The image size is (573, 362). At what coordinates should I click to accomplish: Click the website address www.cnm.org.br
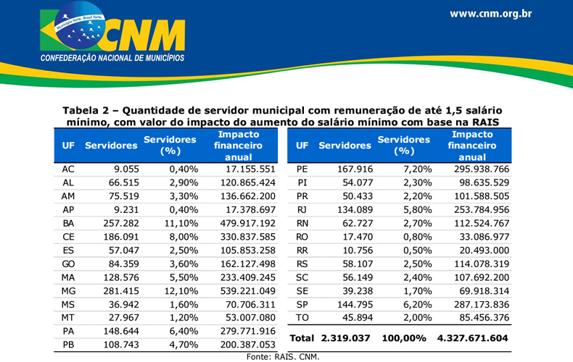click(491, 14)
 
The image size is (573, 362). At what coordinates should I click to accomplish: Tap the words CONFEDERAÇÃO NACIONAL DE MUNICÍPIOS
click(112, 58)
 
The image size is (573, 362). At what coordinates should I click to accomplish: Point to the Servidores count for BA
click(121, 223)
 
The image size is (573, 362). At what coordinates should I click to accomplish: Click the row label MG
click(68, 291)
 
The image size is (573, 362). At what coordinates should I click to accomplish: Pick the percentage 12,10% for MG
click(181, 291)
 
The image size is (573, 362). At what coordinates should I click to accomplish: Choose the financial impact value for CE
click(248, 237)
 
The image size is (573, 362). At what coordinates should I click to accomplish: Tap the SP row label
click(302, 305)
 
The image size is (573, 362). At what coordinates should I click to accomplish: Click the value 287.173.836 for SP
click(482, 305)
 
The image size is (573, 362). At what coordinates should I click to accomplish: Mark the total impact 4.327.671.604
click(472, 338)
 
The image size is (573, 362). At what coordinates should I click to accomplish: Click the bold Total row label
click(302, 338)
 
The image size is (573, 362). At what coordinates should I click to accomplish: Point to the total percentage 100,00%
click(404, 338)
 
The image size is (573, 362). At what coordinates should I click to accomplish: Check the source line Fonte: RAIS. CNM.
click(283, 357)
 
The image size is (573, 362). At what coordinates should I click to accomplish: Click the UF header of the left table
click(68, 146)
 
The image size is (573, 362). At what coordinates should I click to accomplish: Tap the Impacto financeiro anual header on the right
click(472, 146)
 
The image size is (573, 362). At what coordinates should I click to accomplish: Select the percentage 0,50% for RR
click(418, 251)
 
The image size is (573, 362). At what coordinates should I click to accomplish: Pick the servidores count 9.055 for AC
click(126, 169)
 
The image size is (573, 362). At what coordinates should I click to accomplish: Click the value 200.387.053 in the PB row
click(248, 345)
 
